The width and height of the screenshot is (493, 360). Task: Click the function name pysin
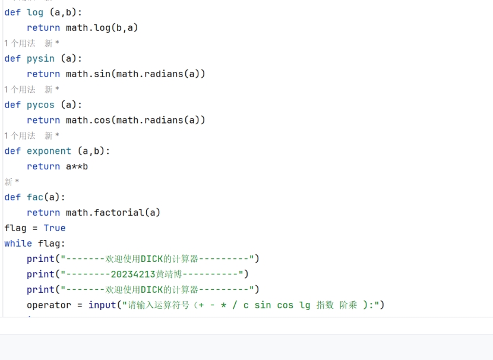coord(40,59)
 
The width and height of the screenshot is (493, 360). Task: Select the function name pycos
coord(40,105)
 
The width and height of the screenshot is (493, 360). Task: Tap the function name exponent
coord(49,151)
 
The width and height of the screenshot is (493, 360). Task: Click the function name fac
coord(35,197)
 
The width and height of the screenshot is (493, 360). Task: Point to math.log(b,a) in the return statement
coord(102,28)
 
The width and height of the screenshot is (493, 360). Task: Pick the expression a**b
coord(77,166)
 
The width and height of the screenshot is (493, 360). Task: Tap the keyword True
coord(55,228)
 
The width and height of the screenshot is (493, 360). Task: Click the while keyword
coord(18,244)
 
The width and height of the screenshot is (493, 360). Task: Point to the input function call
coord(102,305)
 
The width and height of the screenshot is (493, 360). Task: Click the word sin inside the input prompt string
coord(263,305)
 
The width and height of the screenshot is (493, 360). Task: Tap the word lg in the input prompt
coord(305,305)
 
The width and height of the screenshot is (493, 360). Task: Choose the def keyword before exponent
coord(12,151)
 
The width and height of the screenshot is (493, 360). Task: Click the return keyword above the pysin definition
coord(43,28)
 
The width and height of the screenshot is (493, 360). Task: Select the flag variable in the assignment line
coord(15,228)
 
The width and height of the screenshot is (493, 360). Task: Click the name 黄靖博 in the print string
coord(169,274)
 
